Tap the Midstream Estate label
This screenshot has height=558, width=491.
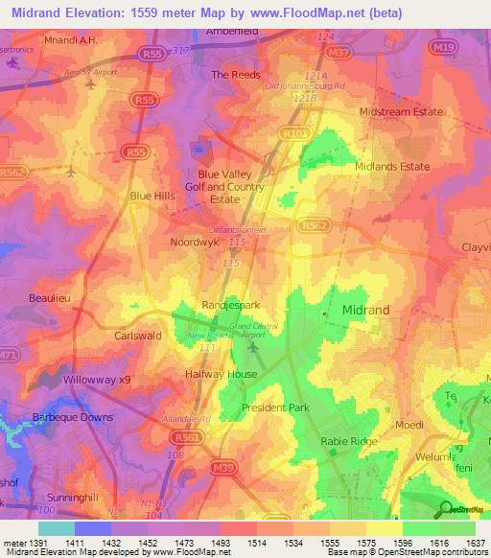[402, 112]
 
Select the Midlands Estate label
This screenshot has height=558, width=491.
[391, 167]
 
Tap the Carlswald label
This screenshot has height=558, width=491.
[137, 337]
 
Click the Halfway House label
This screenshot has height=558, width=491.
[221, 374]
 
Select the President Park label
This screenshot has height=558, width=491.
[275, 407]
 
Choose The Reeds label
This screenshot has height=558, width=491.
[236, 74]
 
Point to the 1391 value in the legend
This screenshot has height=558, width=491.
[39, 544]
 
